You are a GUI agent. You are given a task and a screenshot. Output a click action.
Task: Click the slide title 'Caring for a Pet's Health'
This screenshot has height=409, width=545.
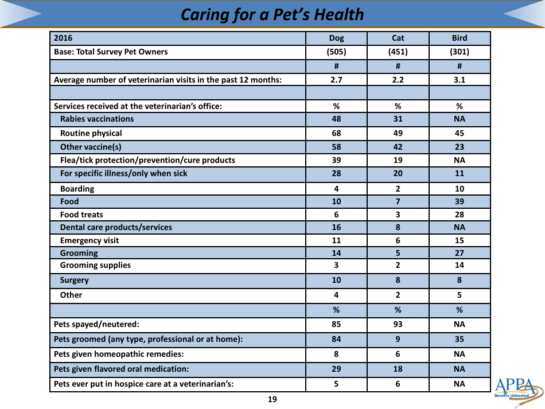tap(272, 14)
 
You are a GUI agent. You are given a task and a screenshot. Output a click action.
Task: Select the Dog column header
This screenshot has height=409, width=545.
tap(336, 38)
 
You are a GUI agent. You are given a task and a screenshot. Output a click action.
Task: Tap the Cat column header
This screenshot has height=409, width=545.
tap(398, 38)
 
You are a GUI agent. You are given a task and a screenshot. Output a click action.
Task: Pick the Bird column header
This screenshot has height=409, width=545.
tap(459, 38)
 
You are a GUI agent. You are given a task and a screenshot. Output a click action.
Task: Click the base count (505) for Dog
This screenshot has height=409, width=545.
tap(336, 52)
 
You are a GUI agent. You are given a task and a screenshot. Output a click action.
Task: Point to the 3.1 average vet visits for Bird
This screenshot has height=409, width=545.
tap(459, 80)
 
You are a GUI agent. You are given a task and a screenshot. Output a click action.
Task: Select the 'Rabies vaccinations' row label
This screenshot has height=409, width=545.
tap(96, 119)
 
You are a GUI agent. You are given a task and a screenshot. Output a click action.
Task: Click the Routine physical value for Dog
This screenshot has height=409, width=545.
tap(336, 133)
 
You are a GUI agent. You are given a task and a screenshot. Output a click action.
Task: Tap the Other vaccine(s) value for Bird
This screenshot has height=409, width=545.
tap(459, 147)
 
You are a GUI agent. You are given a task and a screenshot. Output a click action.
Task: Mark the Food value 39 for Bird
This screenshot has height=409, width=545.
tap(459, 202)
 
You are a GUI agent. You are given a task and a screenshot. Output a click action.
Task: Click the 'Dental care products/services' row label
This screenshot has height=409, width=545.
tap(115, 228)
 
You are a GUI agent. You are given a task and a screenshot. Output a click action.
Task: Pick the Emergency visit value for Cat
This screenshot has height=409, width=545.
tap(398, 241)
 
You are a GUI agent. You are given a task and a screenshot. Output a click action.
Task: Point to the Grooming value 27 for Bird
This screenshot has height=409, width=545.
tap(459, 253)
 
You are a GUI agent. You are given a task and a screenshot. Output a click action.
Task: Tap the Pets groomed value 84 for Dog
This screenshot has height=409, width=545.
tap(336, 339)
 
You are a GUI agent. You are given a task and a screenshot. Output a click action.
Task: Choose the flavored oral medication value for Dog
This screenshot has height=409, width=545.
tap(336, 369)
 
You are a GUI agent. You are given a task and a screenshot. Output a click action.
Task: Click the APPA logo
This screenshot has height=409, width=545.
tap(517, 391)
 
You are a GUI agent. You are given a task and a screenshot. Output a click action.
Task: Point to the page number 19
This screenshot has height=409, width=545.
tap(272, 400)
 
